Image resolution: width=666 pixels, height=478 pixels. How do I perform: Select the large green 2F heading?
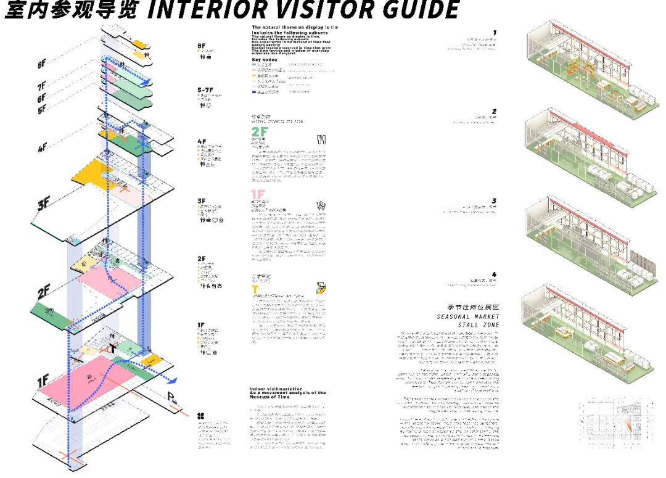[259, 132]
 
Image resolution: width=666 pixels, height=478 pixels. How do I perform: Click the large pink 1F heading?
[258, 194]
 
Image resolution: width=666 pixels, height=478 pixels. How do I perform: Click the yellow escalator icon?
[321, 287]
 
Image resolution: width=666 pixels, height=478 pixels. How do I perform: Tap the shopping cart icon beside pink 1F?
[321, 206]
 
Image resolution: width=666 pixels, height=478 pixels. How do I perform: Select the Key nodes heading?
[265, 60]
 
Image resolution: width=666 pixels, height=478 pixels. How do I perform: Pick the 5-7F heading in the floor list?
[206, 90]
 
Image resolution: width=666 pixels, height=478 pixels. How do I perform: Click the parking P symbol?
[171, 398]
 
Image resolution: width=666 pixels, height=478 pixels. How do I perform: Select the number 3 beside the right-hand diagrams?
[494, 201]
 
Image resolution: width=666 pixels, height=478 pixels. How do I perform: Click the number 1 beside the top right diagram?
[495, 33]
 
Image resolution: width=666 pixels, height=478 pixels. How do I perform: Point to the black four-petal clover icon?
[200, 415]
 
